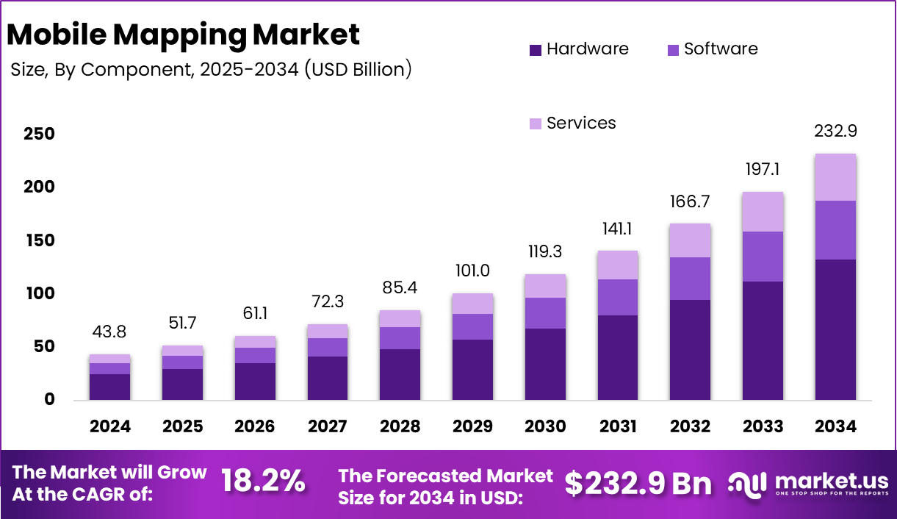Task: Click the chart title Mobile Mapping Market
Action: pyautogui.click(x=184, y=35)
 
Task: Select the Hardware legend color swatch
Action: pyautogui.click(x=535, y=50)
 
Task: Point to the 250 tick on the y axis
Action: pyautogui.click(x=38, y=135)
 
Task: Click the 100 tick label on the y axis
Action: pyautogui.click(x=38, y=294)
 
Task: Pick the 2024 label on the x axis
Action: pyautogui.click(x=110, y=427)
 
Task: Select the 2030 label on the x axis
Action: pyautogui.click(x=546, y=427)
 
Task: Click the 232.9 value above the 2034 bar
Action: pyautogui.click(x=836, y=132)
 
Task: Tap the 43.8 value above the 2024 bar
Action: pyautogui.click(x=110, y=333)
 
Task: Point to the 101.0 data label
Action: pyautogui.click(x=472, y=271)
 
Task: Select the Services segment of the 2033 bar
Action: pyautogui.click(x=763, y=212)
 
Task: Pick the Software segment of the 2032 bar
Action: pyautogui.click(x=691, y=278)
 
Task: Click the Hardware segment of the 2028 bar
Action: pyautogui.click(x=400, y=374)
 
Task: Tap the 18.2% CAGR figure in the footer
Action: pyautogui.click(x=263, y=482)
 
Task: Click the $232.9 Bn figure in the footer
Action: pyautogui.click(x=638, y=483)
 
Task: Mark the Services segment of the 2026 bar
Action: pyautogui.click(x=255, y=342)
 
